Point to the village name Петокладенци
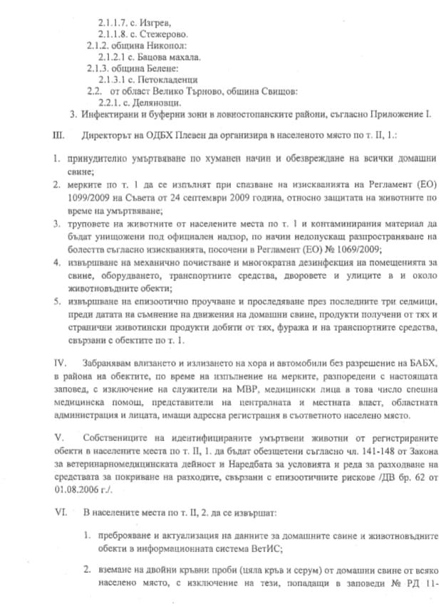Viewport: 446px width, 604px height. coord(167,80)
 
